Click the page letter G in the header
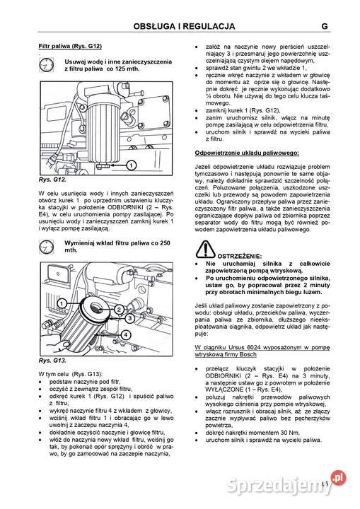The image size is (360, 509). click(x=323, y=27)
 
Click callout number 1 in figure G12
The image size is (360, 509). click(x=132, y=165)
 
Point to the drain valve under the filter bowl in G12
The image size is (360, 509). click(x=99, y=165)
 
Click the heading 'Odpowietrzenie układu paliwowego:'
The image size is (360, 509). click(x=247, y=152)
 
